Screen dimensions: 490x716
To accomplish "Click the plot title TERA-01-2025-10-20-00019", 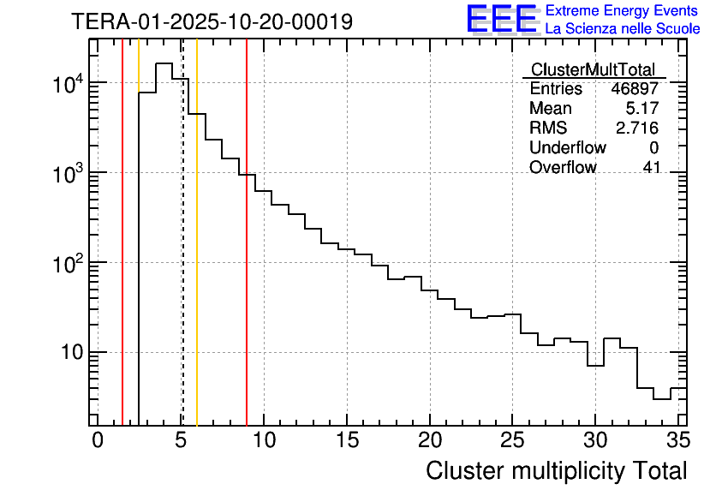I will click(x=212, y=21).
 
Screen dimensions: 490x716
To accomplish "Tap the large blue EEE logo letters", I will click(x=502, y=19).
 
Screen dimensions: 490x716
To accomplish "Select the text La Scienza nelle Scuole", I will click(x=623, y=29).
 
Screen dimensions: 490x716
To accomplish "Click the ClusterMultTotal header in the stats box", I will click(x=593, y=69).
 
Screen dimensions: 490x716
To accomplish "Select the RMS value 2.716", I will click(x=637, y=128).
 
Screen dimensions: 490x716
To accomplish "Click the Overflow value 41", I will click(x=651, y=168).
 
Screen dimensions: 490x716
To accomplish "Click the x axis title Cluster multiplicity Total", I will click(x=556, y=470).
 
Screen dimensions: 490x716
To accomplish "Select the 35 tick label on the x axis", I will click(x=677, y=440).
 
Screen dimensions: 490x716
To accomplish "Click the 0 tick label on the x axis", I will click(x=98, y=440).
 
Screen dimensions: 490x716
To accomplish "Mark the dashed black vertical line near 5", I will click(x=182, y=257).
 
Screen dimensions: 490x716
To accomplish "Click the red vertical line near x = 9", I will click(x=247, y=257).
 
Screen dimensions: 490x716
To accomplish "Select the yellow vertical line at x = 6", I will click(x=197, y=257).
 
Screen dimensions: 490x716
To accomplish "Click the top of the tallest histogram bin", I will click(x=164, y=63).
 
